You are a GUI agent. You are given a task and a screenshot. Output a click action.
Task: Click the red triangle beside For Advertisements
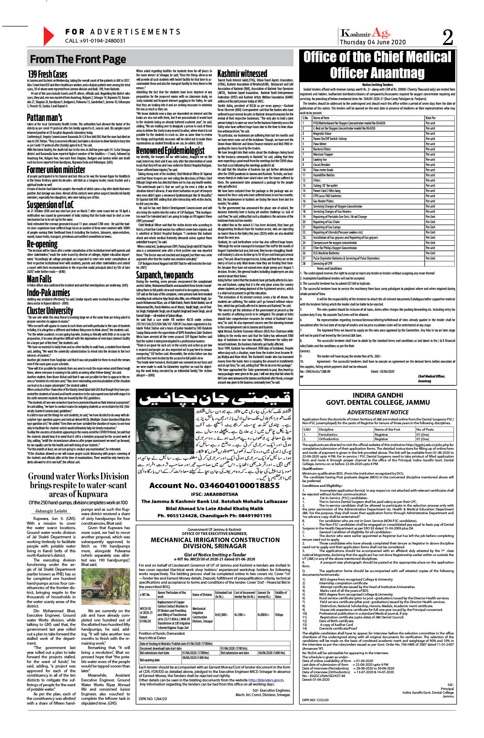pos(49,36)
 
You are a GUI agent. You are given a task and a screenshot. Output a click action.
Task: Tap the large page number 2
pos(448,37)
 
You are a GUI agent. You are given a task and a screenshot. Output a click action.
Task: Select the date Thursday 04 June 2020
pos(373,42)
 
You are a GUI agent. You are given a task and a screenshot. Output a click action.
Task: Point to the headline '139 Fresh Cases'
pos(48,74)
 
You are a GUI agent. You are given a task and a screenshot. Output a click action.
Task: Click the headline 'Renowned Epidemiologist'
pos(170,150)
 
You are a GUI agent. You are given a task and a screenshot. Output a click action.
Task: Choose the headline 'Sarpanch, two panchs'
pos(165,275)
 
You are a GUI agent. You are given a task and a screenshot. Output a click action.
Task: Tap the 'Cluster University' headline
pos(50,310)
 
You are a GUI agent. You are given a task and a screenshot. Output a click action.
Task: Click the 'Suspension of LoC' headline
pos(50,204)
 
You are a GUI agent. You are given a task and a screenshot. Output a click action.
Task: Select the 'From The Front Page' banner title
pos(78,59)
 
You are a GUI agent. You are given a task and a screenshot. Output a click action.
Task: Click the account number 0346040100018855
pos(214,486)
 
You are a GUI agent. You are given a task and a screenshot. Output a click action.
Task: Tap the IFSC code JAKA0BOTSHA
pos(214,494)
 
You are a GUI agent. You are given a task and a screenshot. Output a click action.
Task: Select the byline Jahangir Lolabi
pos(53,511)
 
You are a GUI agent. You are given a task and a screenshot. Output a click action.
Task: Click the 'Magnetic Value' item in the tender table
pos(322,134)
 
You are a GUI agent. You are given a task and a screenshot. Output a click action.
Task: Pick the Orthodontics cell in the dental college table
pos(329,439)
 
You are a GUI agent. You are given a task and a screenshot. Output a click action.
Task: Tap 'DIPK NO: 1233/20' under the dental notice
pos(316,700)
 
